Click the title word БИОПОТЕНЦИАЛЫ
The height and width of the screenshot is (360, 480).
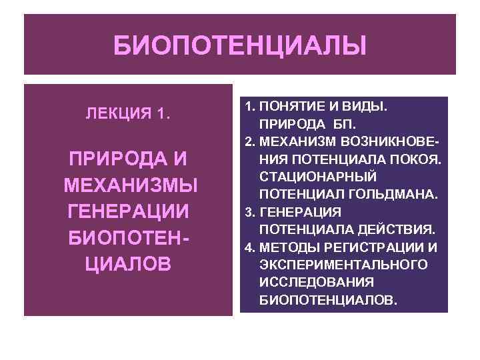pyautogui.click(x=239, y=47)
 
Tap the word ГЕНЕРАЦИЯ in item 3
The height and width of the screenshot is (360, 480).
pyautogui.click(x=301, y=212)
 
